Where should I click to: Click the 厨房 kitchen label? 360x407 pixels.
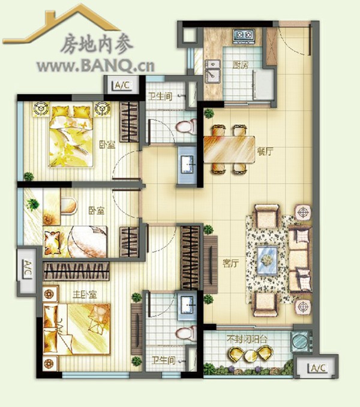[x=240, y=65]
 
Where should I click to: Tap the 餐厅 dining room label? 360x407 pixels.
[x=265, y=151]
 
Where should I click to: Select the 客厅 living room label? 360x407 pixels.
[x=230, y=264]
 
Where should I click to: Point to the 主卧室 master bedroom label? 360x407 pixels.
[x=85, y=294]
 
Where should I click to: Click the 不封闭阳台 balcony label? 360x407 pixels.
[x=247, y=339]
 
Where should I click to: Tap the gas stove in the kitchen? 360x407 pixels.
[x=244, y=35]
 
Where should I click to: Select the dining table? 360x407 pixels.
[x=229, y=149]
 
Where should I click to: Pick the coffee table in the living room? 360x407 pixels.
[x=267, y=260]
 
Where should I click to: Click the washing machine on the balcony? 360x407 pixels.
[x=301, y=341]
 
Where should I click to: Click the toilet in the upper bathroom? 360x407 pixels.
[x=186, y=126]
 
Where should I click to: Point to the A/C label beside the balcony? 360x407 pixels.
[x=318, y=368]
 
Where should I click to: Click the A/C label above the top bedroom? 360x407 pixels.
[x=122, y=85]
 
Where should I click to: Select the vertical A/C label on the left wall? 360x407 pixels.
[x=27, y=269]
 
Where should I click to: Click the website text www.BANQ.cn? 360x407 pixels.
[x=95, y=66]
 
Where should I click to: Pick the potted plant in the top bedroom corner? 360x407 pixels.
[x=29, y=176]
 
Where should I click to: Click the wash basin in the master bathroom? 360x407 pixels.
[x=187, y=306]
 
